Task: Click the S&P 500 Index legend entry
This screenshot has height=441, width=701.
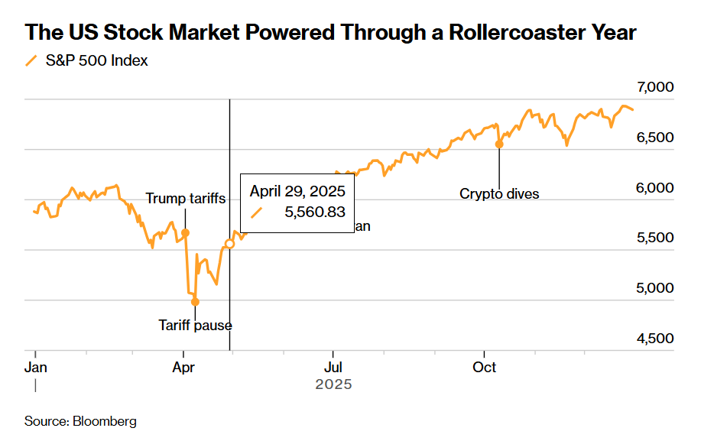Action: coord(96,60)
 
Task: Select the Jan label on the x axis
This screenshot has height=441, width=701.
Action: coord(35,367)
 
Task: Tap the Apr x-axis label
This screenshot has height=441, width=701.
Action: coord(183,367)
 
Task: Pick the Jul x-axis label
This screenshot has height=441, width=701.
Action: coord(332,367)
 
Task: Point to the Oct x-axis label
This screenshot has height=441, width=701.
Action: coord(484,367)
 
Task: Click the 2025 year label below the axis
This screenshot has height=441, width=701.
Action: coord(333,385)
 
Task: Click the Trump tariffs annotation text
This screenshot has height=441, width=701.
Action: coord(186,199)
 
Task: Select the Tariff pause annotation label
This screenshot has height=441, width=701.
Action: coord(195,325)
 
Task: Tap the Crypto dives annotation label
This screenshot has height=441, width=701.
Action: coord(499,194)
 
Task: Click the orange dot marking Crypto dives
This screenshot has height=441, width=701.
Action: coord(499,144)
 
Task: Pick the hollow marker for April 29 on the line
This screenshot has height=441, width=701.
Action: coord(229,244)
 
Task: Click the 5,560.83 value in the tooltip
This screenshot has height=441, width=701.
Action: coord(314,212)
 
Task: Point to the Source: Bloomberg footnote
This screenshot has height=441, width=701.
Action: coord(80,421)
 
